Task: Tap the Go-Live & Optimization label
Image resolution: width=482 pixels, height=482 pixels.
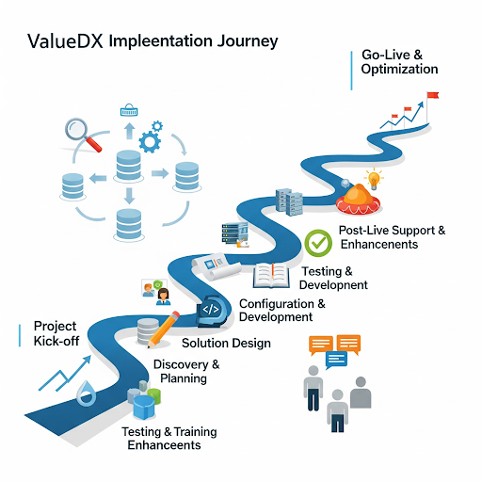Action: (x=399, y=62)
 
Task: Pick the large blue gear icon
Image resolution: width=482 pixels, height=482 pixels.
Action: (x=150, y=141)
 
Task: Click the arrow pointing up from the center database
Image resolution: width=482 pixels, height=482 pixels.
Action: (x=128, y=131)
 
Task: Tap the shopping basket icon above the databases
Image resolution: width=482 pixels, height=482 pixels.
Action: (x=129, y=111)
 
